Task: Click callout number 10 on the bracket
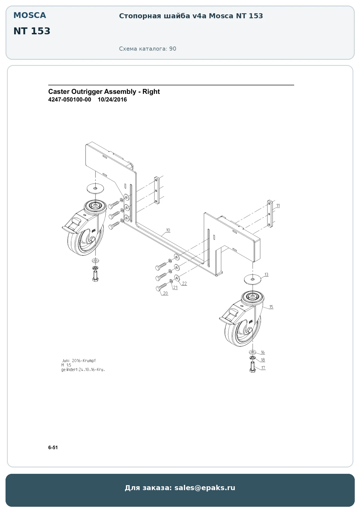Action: click(x=168, y=230)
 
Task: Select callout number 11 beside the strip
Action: click(x=278, y=206)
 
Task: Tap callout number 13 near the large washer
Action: click(x=266, y=275)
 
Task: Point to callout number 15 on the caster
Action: click(x=271, y=307)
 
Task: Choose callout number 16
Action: click(x=263, y=352)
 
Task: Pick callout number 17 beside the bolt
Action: click(x=263, y=368)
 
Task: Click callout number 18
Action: click(x=263, y=360)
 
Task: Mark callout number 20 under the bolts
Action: click(x=165, y=293)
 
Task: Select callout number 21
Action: click(x=175, y=288)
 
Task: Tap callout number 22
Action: click(x=184, y=283)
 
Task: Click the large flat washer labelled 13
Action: click(x=253, y=279)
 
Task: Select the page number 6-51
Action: click(x=53, y=448)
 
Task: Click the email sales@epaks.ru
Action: click(x=205, y=488)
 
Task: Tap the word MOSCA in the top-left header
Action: click(x=30, y=15)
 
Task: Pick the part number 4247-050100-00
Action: click(x=70, y=100)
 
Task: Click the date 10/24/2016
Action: click(x=112, y=100)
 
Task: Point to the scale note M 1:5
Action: click(x=66, y=365)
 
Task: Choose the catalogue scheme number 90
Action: click(x=173, y=49)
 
